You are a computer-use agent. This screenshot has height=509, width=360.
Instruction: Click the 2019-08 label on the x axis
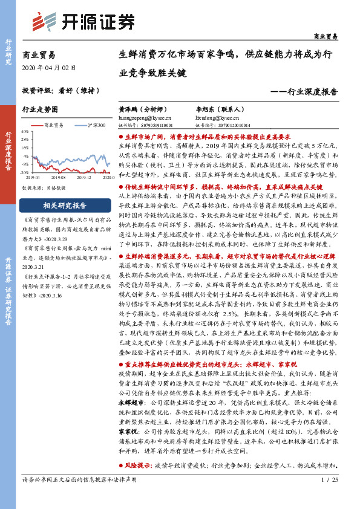(58, 177)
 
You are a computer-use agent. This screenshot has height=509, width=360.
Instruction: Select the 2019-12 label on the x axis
(84, 177)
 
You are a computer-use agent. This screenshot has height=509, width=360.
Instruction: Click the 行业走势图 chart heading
(40, 110)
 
